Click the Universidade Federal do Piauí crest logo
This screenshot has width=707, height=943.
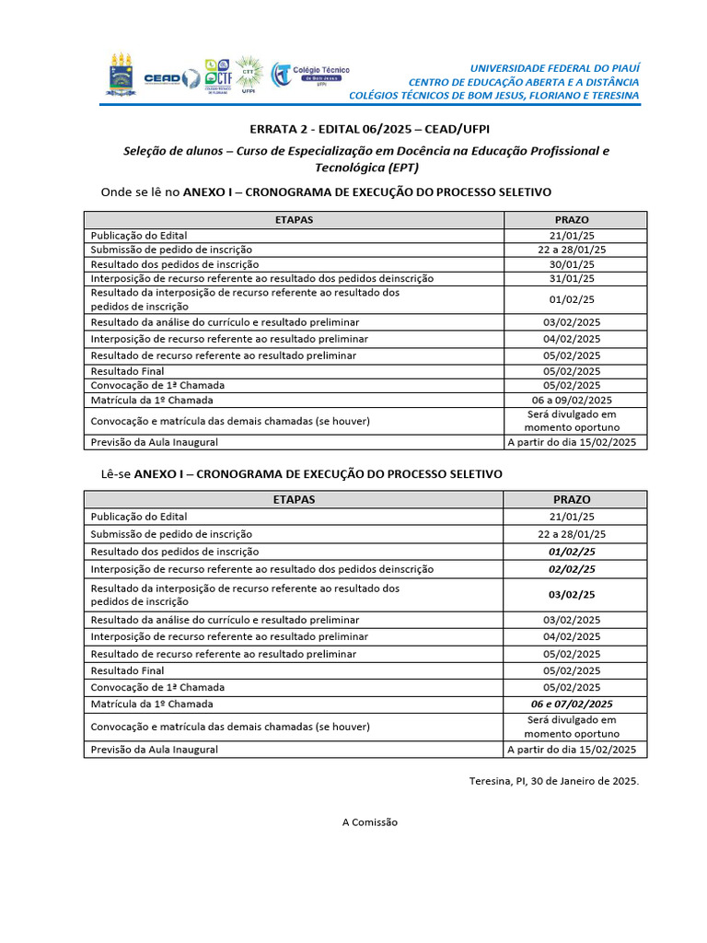(121, 76)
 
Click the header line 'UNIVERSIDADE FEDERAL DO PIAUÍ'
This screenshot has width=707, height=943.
(554, 68)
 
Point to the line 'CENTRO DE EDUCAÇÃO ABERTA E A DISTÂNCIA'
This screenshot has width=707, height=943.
(523, 82)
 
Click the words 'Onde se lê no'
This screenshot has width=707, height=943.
(140, 192)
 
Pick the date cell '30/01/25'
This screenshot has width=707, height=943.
(572, 264)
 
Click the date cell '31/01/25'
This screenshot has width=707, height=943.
(572, 278)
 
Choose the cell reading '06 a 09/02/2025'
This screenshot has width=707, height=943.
(572, 400)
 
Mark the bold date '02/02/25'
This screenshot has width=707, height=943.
(572, 569)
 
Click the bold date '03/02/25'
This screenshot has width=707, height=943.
(572, 594)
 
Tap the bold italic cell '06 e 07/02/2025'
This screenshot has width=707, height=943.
(572, 704)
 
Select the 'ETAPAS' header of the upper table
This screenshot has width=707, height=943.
(294, 220)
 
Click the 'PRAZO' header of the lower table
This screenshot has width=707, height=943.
(572, 499)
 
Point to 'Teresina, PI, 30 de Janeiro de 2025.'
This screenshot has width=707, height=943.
(553, 780)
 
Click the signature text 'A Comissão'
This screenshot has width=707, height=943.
(370, 822)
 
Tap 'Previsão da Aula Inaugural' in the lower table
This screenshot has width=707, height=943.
(154, 750)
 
